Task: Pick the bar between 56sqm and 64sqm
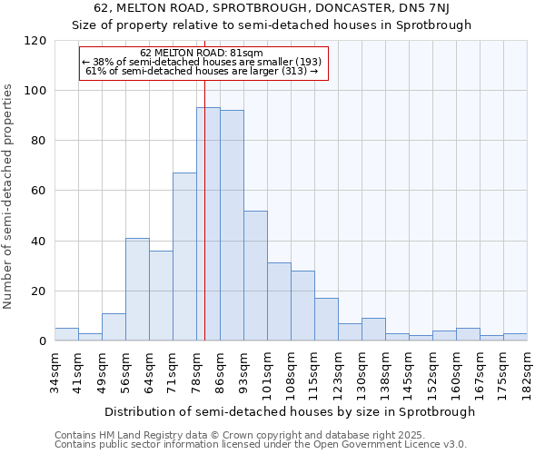point(137,289)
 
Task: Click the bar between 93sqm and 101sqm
point(255,276)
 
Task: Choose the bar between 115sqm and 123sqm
point(326,320)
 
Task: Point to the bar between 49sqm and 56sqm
point(114,327)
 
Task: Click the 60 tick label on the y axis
point(40,191)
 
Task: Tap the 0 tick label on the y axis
point(44,341)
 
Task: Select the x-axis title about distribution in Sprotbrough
point(290,411)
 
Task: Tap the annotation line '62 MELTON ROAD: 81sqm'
point(202,54)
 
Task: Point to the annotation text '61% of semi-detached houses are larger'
point(202,71)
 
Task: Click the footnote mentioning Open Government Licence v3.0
point(261,444)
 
